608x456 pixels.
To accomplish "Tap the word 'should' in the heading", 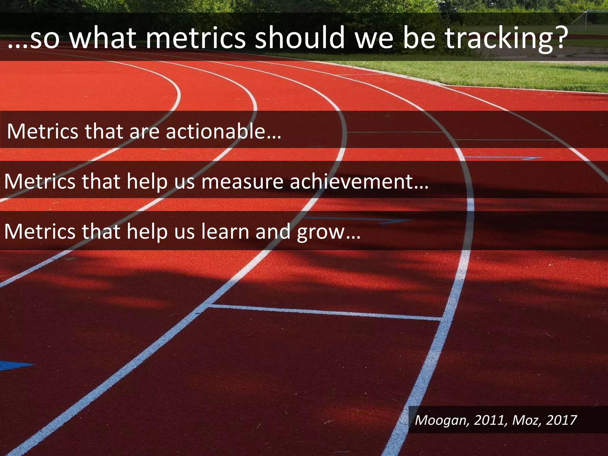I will pyautogui.click(x=300, y=38).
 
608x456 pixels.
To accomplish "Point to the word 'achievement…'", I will pyautogui.click(x=359, y=181).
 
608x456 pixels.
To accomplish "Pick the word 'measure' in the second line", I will pyautogui.click(x=242, y=181).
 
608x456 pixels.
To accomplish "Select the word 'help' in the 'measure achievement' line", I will pyautogui.click(x=147, y=181).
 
